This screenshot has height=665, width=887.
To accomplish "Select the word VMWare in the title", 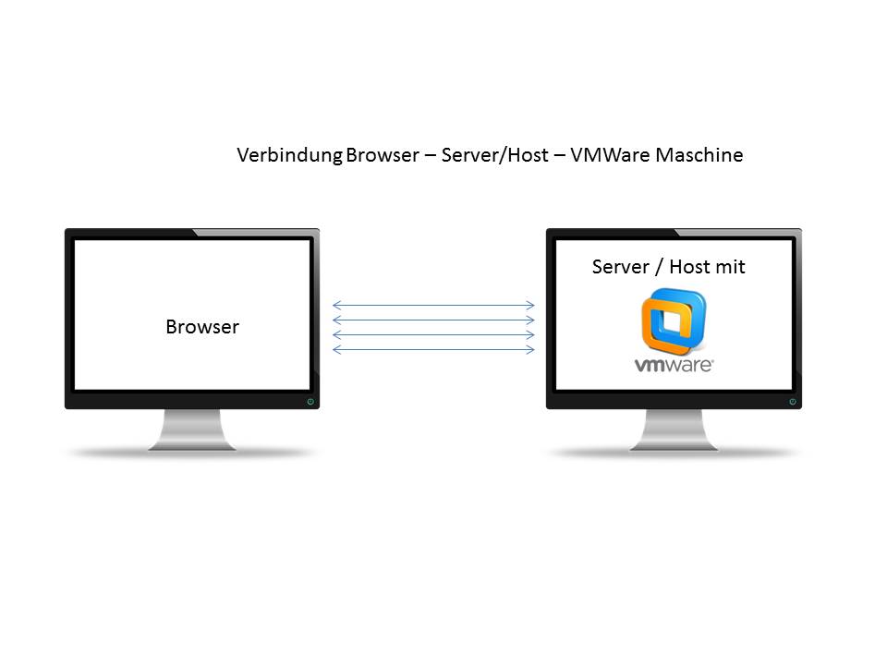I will (x=611, y=155).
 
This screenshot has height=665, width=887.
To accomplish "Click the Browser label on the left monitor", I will (x=202, y=327).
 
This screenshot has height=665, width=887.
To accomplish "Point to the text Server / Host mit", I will (x=668, y=267).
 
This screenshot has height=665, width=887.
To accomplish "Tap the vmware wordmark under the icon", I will (x=673, y=365).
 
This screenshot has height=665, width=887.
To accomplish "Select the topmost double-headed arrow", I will (x=433, y=305).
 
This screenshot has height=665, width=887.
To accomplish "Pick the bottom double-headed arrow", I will (x=433, y=349).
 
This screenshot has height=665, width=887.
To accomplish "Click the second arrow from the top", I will (x=433, y=320).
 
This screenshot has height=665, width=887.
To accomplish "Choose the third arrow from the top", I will (x=433, y=334).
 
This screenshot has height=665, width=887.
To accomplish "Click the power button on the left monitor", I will (x=310, y=402).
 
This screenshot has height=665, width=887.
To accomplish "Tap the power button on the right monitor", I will (x=792, y=402).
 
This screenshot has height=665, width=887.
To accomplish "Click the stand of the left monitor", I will (x=192, y=430).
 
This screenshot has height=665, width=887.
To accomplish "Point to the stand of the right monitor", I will (x=674, y=430).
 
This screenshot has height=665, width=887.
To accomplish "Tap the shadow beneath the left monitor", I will (x=192, y=453).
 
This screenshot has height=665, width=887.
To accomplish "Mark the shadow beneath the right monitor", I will (x=674, y=453).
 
